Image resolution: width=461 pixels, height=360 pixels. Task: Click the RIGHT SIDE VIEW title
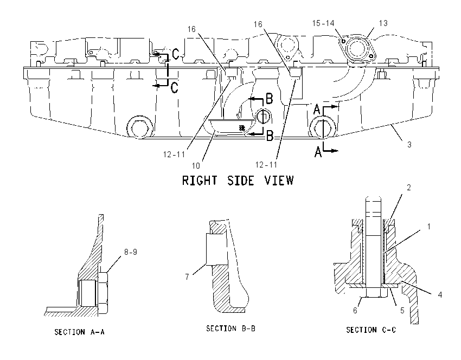click(238, 181)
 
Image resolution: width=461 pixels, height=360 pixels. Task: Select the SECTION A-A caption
click(79, 332)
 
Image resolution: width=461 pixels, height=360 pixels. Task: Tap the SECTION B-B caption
click(231, 329)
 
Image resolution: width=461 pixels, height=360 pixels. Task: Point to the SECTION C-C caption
click(371, 330)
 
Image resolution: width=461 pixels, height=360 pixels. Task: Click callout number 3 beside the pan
click(409, 144)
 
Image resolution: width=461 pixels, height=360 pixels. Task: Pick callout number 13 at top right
click(383, 23)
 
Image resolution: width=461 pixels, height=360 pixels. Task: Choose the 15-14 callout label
click(323, 23)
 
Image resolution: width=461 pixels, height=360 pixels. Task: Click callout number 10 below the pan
click(196, 166)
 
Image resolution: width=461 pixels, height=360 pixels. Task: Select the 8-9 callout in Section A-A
click(131, 252)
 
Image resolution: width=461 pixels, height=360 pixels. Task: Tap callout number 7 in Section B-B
click(187, 277)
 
